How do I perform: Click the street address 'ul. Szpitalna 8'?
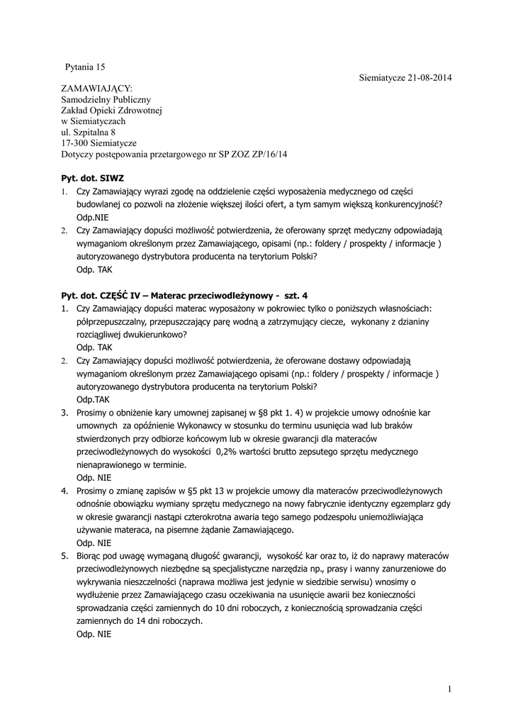pos(88,132)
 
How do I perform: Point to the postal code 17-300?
pos(74,143)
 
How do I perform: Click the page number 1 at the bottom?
pos(450,689)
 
